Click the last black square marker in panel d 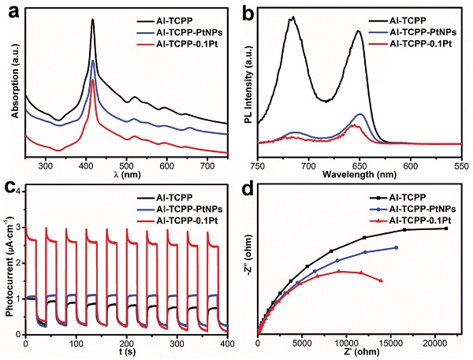click(447, 228)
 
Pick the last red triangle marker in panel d click(382, 280)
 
